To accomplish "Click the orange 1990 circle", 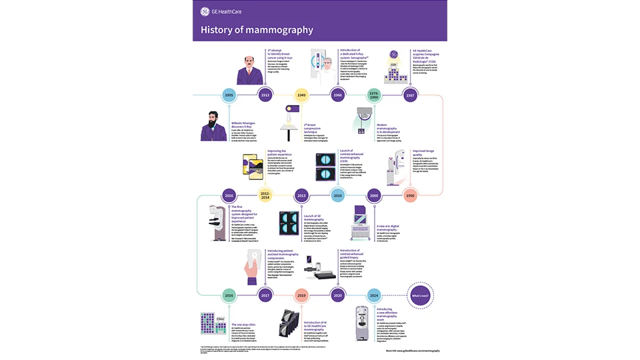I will pos(411,196).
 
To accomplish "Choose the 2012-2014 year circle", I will pos(266,195).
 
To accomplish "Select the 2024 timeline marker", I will pos(374,295).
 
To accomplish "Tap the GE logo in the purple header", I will pos(205,11).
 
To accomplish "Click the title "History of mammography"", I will pos(257,30).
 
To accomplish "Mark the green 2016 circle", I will pos(229,295).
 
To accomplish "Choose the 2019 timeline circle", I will pos(301,295).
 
